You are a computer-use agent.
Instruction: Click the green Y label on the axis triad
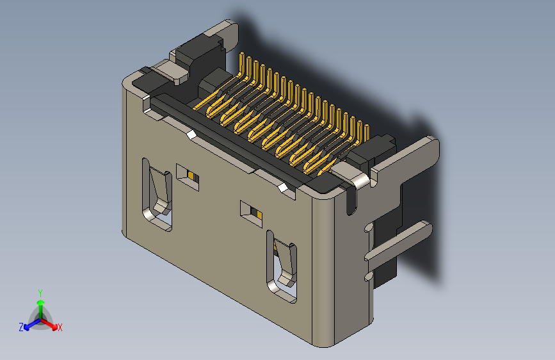(x=40, y=292)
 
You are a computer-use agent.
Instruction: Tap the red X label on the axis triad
(x=60, y=327)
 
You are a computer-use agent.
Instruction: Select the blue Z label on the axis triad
(x=21, y=327)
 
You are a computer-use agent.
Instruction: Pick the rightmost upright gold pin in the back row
(x=367, y=131)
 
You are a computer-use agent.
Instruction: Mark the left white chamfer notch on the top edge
(x=191, y=135)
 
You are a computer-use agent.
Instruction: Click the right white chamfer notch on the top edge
(x=283, y=188)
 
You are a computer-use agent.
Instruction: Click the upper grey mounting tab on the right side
(x=410, y=157)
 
